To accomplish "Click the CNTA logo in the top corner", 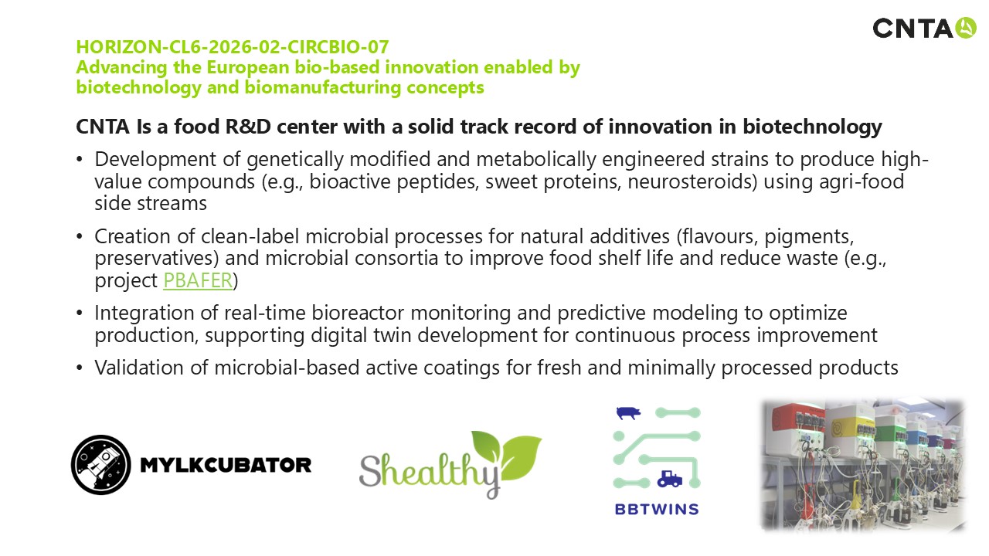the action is tap(924, 28).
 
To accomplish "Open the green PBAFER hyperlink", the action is tap(198, 280).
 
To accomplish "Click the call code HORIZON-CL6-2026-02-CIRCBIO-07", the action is tap(233, 47).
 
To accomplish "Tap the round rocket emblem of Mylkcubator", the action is tap(101, 465).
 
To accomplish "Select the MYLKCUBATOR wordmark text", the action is tap(226, 465).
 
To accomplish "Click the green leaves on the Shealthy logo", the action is tap(507, 455).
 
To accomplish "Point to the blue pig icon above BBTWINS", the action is tap(628, 413).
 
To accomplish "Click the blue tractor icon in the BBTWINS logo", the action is tap(670, 480).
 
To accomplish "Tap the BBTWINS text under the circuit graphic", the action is tap(657, 510).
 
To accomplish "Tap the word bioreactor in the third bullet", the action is tap(358, 313).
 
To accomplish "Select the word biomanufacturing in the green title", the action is tap(322, 87).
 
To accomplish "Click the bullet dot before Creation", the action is tap(80, 236).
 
